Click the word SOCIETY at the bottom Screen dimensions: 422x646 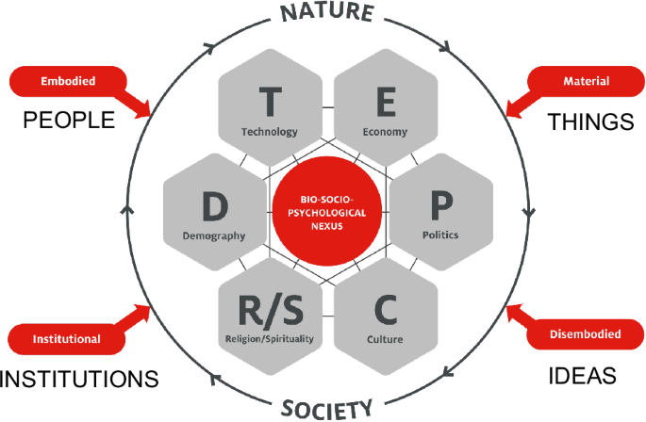click(x=325, y=408)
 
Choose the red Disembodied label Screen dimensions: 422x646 click(x=585, y=334)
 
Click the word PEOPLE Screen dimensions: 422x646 click(x=69, y=121)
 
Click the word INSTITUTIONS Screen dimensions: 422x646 click(x=78, y=380)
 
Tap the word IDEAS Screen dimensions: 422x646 click(x=582, y=376)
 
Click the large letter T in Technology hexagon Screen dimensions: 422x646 click(x=269, y=100)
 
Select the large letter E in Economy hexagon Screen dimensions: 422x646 click(x=385, y=100)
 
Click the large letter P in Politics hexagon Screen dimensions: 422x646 click(x=440, y=204)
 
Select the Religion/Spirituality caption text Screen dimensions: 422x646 click(x=269, y=337)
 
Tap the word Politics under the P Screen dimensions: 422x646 click(x=440, y=235)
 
